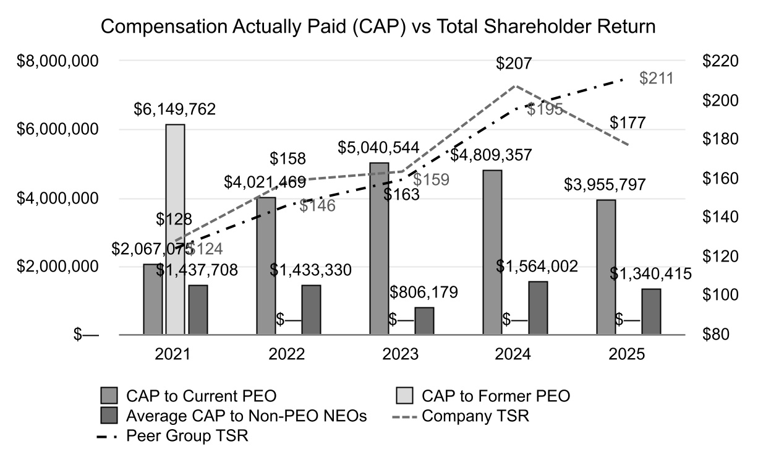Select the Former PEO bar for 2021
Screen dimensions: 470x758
(175, 229)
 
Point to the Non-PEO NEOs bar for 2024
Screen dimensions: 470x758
(538, 308)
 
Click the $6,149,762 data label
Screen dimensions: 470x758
(175, 109)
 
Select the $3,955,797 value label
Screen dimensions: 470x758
(606, 185)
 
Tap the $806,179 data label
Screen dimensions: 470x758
(424, 293)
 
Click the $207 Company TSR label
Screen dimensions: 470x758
(514, 64)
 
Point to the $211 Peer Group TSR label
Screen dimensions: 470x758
(656, 79)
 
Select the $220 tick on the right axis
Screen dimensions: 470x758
(721, 61)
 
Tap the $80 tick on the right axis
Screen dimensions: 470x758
(717, 335)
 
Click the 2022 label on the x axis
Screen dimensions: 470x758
(287, 355)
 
